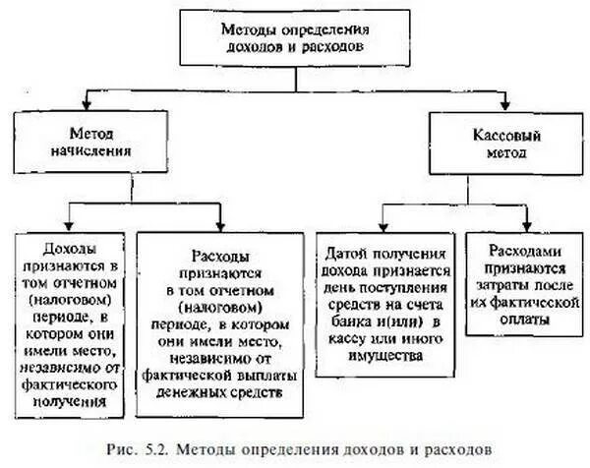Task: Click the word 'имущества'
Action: tap(383, 356)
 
